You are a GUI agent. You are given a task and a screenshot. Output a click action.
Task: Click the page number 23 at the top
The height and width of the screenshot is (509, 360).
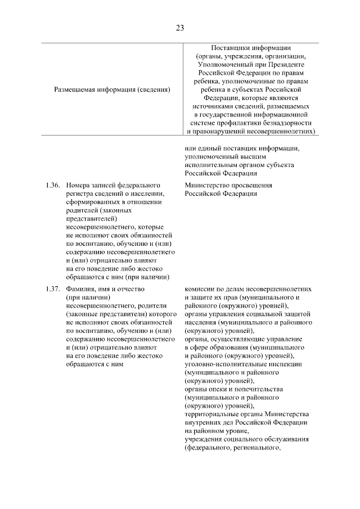pos(179,27)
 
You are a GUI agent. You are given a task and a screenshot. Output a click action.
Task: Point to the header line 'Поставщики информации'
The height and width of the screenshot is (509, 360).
pos(251,48)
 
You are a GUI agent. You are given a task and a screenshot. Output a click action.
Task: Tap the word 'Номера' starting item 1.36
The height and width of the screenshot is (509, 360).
pos(77,185)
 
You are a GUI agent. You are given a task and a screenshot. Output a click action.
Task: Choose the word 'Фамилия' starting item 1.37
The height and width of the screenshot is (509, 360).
pos(80,289)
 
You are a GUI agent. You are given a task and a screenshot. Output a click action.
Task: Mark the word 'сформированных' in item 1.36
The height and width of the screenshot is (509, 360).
pos(92,202)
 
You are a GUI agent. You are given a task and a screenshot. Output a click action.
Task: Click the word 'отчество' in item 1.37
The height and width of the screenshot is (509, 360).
pos(132,289)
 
